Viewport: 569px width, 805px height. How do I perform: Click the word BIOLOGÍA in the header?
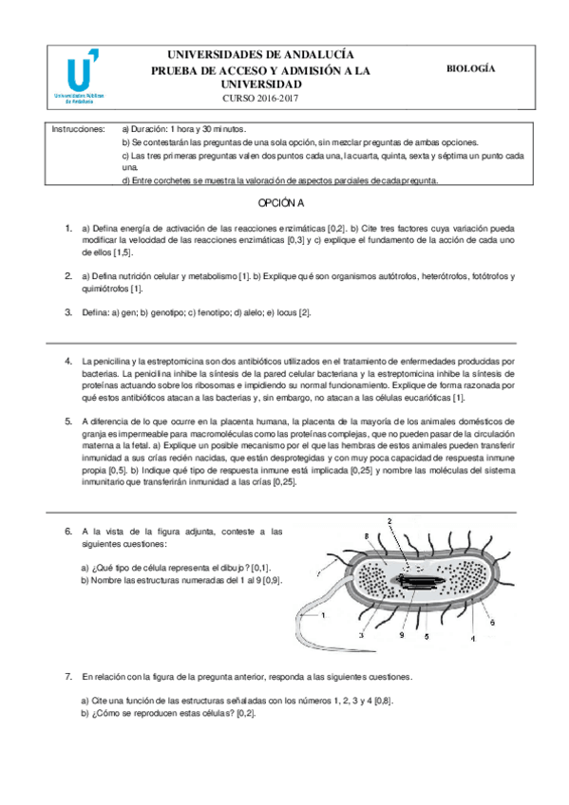(472, 69)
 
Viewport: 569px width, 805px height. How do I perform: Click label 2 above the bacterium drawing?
(389, 521)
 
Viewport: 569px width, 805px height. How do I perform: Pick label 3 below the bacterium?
(362, 633)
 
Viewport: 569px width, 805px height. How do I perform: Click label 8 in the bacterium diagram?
(369, 538)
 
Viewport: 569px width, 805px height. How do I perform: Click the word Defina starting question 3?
(98, 311)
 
